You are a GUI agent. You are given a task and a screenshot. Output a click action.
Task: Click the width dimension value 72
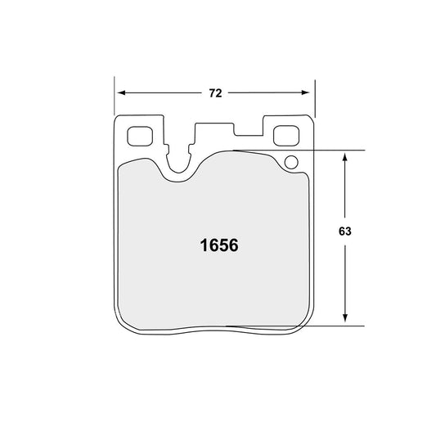pyautogui.click(x=215, y=93)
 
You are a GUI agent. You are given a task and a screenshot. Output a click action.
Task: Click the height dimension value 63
pyautogui.click(x=344, y=231)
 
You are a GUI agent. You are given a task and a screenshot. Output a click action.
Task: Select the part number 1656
pyautogui.click(x=218, y=245)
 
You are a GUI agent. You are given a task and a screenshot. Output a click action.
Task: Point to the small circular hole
pyautogui.click(x=290, y=163)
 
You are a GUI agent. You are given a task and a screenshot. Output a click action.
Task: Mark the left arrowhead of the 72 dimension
pyautogui.click(x=119, y=93)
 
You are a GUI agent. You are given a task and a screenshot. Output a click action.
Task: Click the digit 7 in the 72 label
pyautogui.click(x=211, y=93)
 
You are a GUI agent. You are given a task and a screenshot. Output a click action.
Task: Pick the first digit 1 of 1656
pyautogui.click(x=203, y=245)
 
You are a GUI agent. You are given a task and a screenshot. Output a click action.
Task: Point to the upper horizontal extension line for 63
pyautogui.click(x=327, y=151)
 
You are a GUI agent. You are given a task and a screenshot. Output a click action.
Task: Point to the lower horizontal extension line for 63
pyautogui.click(x=327, y=326)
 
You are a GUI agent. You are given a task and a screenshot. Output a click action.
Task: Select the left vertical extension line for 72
pyautogui.click(x=114, y=98)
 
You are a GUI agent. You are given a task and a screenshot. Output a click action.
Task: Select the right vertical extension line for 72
pyautogui.click(x=314, y=98)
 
